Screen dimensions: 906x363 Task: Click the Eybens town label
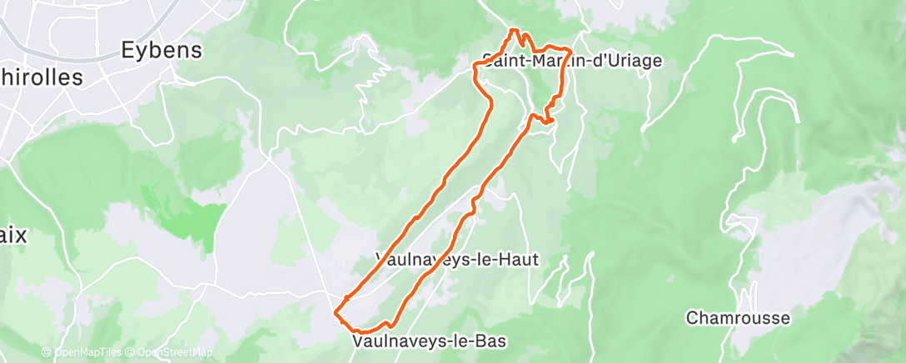click(162, 50)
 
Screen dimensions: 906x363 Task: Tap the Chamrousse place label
click(738, 318)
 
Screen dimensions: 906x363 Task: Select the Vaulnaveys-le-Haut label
click(457, 260)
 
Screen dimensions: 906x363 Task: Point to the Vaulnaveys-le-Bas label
click(429, 341)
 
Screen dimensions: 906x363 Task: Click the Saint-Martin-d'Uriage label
click(572, 61)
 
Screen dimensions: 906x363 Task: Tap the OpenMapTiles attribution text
click(87, 353)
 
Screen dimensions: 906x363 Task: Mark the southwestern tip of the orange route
click(336, 313)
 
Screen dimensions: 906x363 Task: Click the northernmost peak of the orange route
click(514, 31)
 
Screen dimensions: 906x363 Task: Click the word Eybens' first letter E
click(128, 50)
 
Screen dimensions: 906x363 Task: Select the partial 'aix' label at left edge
click(13, 236)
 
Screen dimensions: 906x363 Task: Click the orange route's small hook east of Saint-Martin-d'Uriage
click(550, 121)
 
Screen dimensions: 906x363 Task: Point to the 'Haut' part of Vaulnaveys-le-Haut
click(519, 260)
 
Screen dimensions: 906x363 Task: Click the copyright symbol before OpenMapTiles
click(47, 353)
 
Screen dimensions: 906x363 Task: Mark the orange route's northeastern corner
click(570, 49)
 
